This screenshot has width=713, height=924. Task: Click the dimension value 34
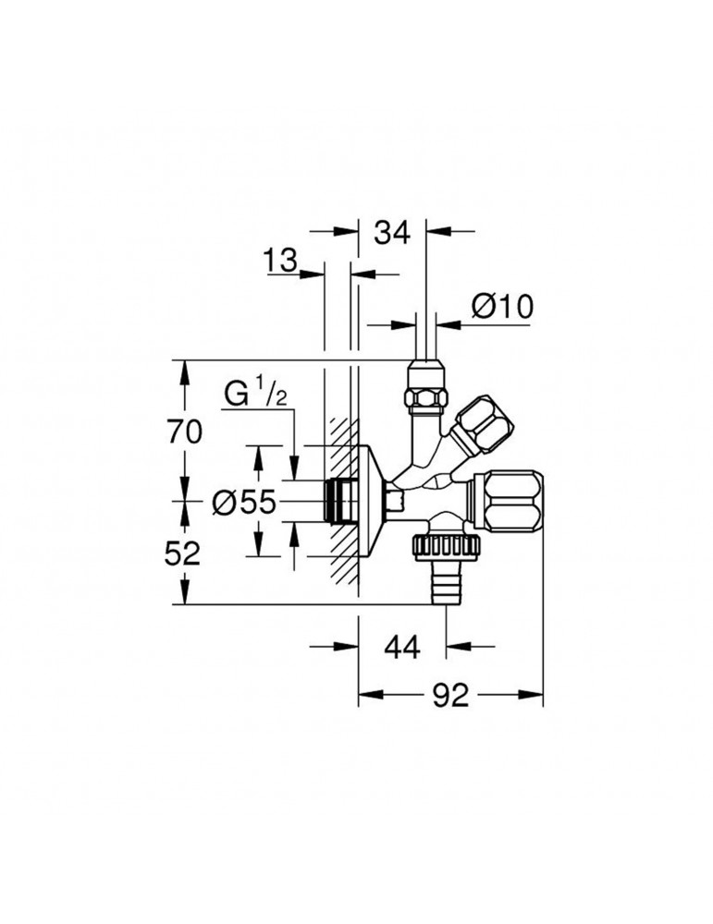391,234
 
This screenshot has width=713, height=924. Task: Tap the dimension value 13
278,261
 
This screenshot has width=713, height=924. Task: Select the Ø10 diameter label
502,307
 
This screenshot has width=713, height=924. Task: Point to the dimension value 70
186,430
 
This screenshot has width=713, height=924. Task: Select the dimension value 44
400,648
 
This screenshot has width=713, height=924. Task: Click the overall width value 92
450,696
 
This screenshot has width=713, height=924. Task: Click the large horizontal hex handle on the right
511,500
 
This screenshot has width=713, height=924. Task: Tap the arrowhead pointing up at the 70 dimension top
186,369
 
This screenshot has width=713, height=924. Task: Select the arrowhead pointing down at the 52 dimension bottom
186,595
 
